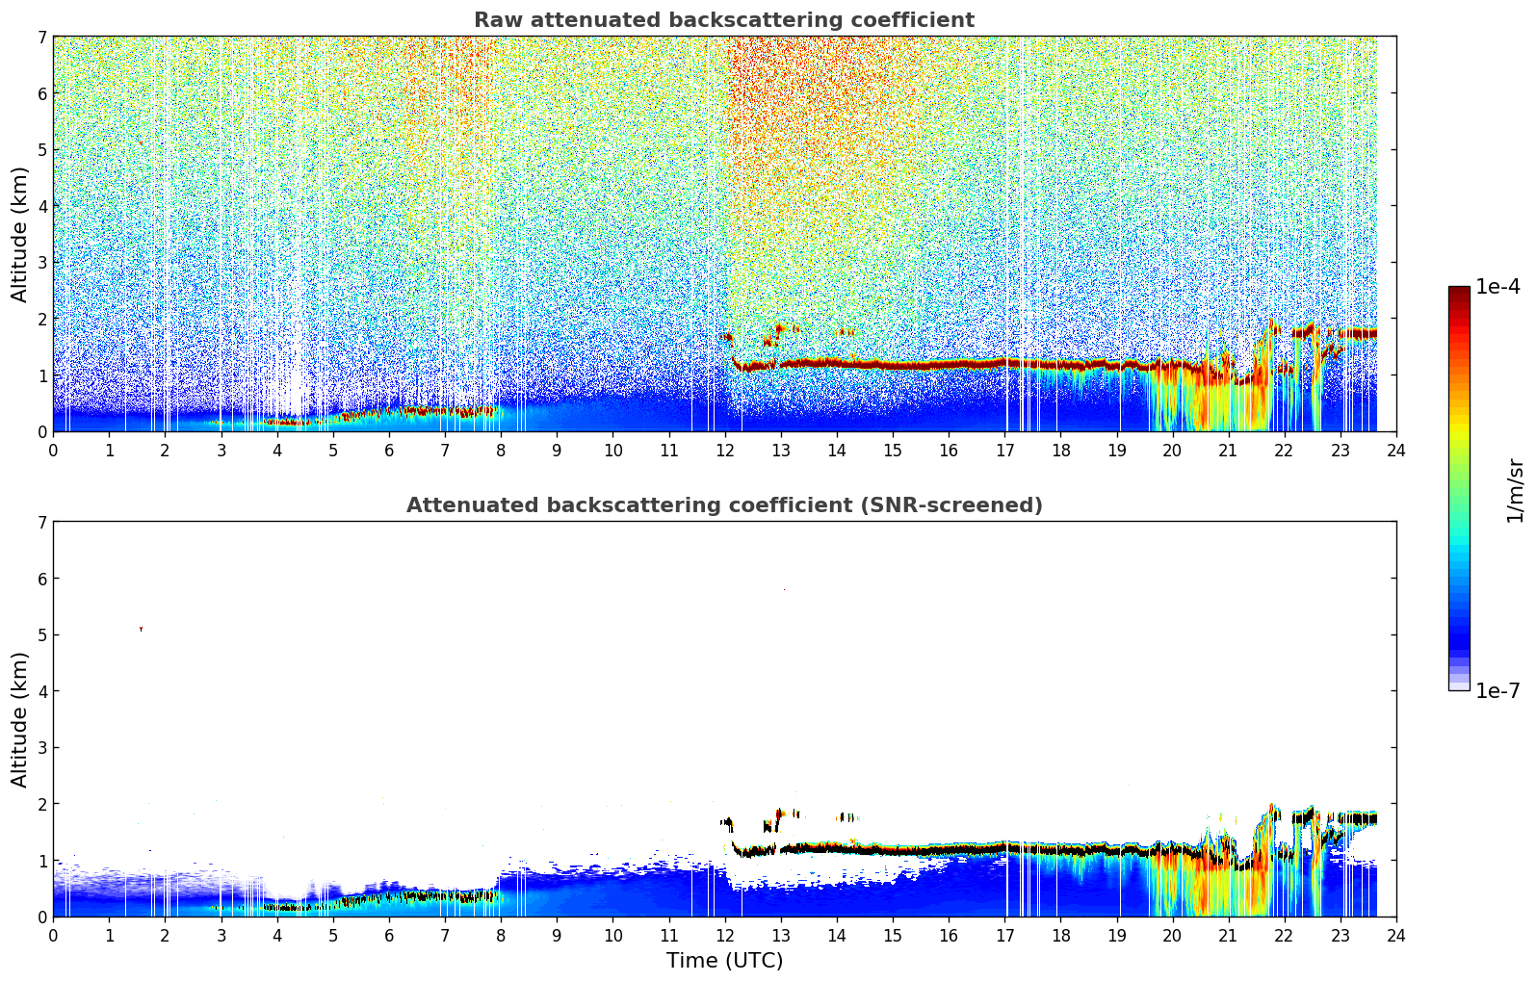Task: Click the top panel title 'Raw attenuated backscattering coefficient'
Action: (723, 20)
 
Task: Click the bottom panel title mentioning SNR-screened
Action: (723, 505)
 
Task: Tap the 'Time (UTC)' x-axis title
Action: (724, 961)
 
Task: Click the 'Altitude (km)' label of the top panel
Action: (20, 234)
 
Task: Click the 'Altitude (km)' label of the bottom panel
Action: (20, 719)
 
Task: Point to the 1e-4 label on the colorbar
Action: (1497, 287)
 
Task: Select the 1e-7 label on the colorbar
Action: (1497, 690)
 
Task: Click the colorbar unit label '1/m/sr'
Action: (1515, 490)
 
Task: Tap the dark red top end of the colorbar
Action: (1459, 291)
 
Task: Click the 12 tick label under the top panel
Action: (724, 450)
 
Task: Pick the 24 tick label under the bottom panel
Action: (1395, 935)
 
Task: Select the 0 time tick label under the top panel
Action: (53, 450)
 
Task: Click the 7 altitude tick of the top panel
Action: (41, 37)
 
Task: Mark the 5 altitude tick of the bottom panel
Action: (41, 634)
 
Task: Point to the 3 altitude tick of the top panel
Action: (41, 262)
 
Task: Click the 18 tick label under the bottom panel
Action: (1060, 935)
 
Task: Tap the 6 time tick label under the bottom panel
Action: (389, 935)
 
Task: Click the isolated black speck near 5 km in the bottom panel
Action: (141, 629)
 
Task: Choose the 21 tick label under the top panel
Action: (1228, 450)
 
